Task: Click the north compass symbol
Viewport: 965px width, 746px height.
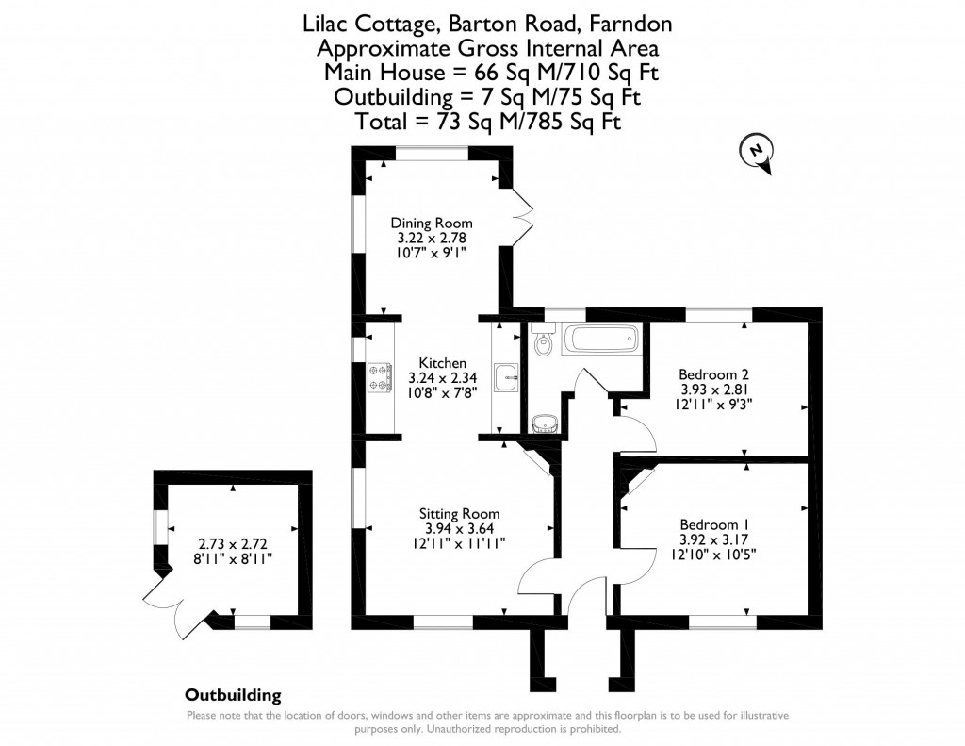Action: pos(759,154)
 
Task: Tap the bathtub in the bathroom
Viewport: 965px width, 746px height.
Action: pos(600,340)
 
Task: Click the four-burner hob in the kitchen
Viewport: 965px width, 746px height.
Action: pos(381,379)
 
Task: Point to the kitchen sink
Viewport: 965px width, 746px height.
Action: pos(506,379)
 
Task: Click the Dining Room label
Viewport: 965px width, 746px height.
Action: pos(432,224)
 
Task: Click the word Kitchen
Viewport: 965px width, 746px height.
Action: pos(442,363)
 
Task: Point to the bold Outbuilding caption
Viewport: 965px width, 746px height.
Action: pos(233,696)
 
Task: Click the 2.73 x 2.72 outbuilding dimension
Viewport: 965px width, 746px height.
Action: pos(233,544)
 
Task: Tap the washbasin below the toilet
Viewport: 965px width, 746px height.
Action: pos(544,422)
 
